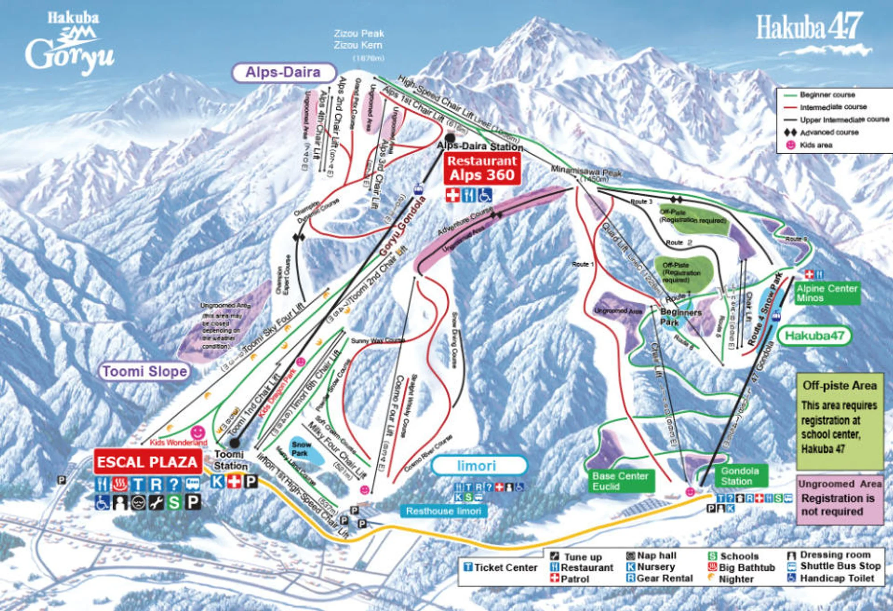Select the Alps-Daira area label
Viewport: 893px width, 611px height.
point(283,72)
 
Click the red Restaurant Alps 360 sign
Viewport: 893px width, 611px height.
point(482,169)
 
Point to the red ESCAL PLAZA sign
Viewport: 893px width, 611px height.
point(147,462)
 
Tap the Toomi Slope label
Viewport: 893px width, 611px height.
point(145,371)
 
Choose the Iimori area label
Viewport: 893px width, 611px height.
point(476,466)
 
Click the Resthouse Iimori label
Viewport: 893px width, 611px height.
point(443,511)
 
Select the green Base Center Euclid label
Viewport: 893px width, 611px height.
point(620,481)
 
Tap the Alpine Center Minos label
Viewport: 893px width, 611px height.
point(827,293)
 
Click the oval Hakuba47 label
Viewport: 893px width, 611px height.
point(814,336)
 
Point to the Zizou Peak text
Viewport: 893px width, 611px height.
point(359,34)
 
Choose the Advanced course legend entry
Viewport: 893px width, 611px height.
point(828,132)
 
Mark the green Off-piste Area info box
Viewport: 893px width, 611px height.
point(839,420)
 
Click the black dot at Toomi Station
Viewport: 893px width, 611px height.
point(234,443)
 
